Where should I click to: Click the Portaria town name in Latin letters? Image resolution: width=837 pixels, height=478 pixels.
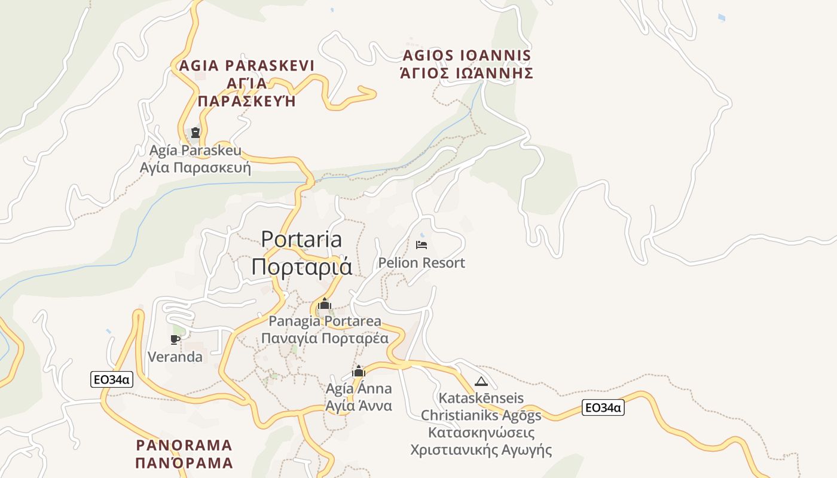tap(301, 240)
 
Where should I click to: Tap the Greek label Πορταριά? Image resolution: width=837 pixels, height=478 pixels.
tap(301, 266)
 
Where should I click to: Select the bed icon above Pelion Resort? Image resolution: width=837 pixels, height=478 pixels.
tap(421, 244)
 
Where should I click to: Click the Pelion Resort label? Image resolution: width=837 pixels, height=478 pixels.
tap(421, 263)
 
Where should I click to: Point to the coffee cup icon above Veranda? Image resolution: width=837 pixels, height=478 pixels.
tap(175, 339)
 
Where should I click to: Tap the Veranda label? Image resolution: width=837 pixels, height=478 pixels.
tap(175, 357)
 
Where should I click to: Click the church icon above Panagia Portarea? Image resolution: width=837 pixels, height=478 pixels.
tap(325, 304)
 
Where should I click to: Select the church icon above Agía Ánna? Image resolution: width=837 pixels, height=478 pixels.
tap(359, 372)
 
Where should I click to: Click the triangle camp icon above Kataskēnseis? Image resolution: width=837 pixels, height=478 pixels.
tap(481, 381)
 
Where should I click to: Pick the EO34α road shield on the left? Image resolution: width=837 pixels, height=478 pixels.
tap(112, 379)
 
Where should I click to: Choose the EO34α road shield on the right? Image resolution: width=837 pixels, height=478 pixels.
tap(603, 408)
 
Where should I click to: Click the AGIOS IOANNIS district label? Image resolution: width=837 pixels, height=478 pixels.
tap(467, 56)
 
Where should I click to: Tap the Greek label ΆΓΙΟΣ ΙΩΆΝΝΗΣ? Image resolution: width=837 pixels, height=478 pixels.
tap(467, 73)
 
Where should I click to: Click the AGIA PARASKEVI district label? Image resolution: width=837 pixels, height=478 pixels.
tap(246, 65)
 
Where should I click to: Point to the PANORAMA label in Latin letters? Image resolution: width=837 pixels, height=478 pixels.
tap(184, 445)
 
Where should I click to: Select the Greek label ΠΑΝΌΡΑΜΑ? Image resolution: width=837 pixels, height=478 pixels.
tap(184, 463)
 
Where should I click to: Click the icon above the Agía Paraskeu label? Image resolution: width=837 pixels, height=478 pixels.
tap(195, 132)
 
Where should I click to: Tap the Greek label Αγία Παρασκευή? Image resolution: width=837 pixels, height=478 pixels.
tap(195, 167)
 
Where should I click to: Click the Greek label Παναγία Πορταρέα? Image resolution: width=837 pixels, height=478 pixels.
tap(325, 339)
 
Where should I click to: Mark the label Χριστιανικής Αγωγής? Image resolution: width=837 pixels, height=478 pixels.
tap(481, 450)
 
